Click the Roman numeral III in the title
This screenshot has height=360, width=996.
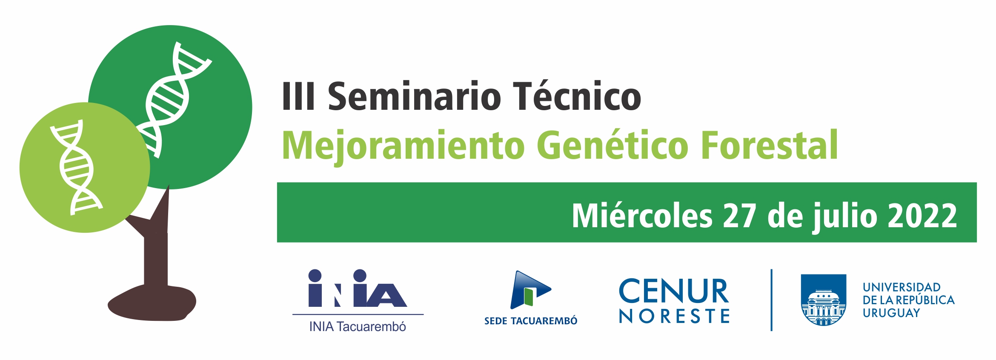[x=299, y=96]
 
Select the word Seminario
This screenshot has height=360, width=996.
[x=415, y=96]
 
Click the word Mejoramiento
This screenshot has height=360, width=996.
[x=403, y=146]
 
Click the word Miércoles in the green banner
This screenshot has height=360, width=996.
[x=642, y=215]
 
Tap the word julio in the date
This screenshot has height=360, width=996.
[x=845, y=217]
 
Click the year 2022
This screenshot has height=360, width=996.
[x=922, y=216]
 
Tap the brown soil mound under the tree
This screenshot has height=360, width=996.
[x=152, y=303]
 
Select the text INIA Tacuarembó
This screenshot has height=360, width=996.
[x=358, y=327]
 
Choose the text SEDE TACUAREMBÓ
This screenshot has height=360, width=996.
[x=531, y=321]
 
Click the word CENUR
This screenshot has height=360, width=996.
[x=674, y=291]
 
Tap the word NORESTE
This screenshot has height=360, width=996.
[x=674, y=316]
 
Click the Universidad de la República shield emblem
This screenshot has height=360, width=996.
[x=824, y=300]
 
